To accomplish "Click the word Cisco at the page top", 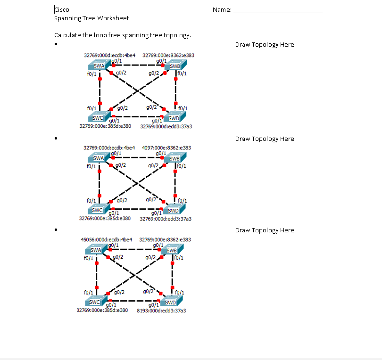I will (62, 9).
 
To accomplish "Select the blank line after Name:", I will (278, 10).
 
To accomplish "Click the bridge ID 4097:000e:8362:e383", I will (166, 147).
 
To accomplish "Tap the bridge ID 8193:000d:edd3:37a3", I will (161, 311).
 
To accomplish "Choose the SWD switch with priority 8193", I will (170, 302).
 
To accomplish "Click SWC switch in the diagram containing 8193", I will (95, 302).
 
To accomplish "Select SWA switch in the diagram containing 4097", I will (99, 159).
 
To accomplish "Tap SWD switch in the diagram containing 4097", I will (173, 210).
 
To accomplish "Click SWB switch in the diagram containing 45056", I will (172, 250).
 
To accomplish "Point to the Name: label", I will (222, 9).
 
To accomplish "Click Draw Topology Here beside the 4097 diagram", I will (264, 139).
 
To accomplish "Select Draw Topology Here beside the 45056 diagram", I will (264, 230).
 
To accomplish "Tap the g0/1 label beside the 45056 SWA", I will (113, 245).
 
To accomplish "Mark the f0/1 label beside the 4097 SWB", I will (182, 166).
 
